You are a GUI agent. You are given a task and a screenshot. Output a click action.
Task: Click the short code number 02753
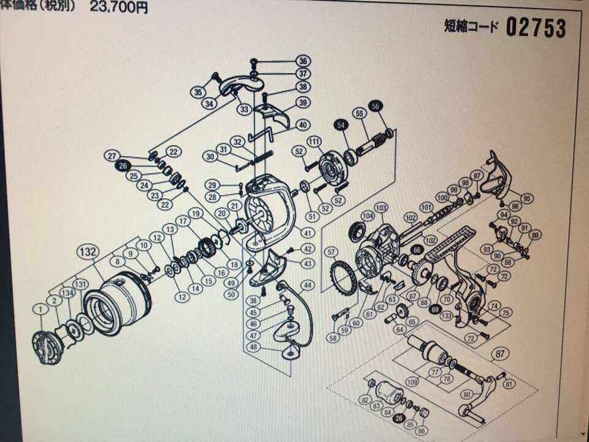click(x=536, y=28)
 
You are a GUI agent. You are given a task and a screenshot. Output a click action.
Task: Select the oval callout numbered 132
click(x=88, y=252)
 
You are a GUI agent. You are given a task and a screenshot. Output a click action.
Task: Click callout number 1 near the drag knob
click(x=41, y=310)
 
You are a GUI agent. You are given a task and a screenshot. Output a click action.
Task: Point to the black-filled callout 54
click(x=339, y=125)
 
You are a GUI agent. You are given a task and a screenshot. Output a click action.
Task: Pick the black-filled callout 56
click(x=376, y=106)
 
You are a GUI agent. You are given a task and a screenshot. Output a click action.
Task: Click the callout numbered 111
click(x=315, y=142)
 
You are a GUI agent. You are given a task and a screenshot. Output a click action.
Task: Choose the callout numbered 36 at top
click(x=303, y=61)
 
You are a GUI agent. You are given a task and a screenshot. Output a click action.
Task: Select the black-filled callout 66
click(x=417, y=250)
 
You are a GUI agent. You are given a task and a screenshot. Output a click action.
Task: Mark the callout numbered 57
click(x=331, y=252)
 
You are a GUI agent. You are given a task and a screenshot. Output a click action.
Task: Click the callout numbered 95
click(x=527, y=198)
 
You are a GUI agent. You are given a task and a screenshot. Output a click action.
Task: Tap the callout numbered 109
click(x=412, y=382)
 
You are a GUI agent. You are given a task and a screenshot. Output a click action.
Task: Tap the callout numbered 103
click(x=381, y=207)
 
